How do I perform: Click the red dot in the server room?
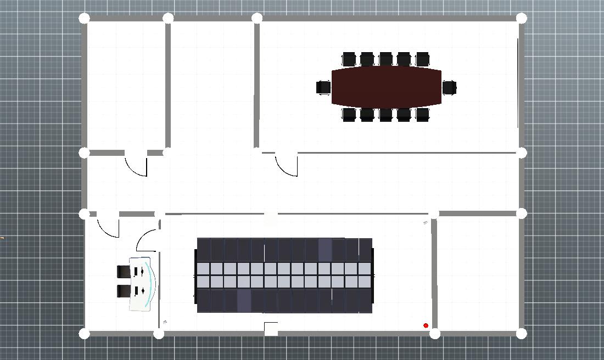[x=426, y=326]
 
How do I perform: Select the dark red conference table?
[x=387, y=87]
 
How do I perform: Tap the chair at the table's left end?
[x=323, y=87]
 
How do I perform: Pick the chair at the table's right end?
[x=450, y=87]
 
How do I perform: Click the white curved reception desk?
[x=142, y=284]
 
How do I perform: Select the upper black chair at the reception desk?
[x=123, y=271]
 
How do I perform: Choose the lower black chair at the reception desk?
[x=123, y=291]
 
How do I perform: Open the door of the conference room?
[x=287, y=165]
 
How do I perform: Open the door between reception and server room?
[x=147, y=240]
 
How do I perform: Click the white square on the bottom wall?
[x=271, y=329]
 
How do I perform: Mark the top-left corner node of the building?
[x=84, y=18]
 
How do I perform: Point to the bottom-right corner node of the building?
[x=522, y=333]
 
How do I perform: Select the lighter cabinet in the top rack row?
[x=325, y=250]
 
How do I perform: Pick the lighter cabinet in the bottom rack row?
[x=244, y=301]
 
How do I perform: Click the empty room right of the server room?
[x=478, y=273]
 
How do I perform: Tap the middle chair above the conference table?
[x=385, y=59]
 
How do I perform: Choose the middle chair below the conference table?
[x=385, y=115]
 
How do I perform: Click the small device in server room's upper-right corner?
[x=426, y=222]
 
